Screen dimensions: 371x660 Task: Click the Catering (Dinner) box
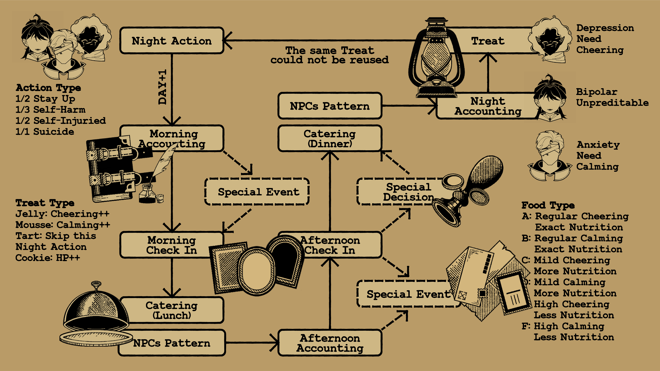click(x=330, y=138)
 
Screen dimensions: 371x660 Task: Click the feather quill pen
click(x=164, y=161)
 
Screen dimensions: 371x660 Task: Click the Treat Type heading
click(x=45, y=203)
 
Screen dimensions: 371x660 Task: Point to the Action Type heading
click(x=48, y=88)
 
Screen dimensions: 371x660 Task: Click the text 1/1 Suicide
click(x=45, y=132)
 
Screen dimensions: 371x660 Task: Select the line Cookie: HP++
click(x=48, y=258)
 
